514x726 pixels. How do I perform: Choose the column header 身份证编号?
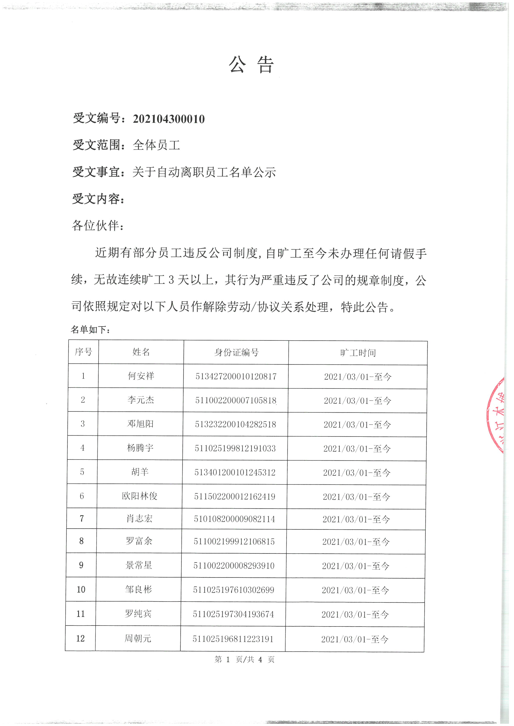[236, 352]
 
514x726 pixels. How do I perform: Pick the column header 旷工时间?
[358, 353]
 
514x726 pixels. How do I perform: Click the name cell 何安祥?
[141, 376]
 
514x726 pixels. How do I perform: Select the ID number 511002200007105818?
[236, 401]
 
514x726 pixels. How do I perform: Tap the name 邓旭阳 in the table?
[140, 424]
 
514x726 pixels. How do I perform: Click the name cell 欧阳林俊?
[139, 496]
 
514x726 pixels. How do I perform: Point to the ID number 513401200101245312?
[235, 472]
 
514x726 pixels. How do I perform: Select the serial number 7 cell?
[82, 519]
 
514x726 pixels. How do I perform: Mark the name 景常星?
[139, 565]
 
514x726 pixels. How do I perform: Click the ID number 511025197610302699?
[234, 590]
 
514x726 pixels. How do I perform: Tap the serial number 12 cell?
[80, 638]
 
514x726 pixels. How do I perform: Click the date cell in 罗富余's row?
[356, 542]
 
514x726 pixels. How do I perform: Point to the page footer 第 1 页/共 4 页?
[244, 659]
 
